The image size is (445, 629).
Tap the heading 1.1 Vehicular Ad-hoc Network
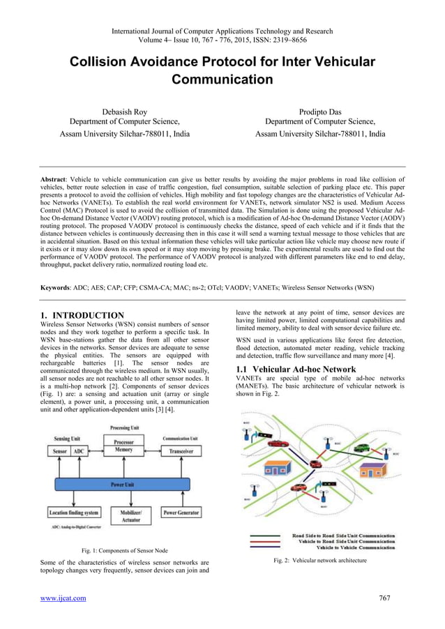[296, 369]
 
